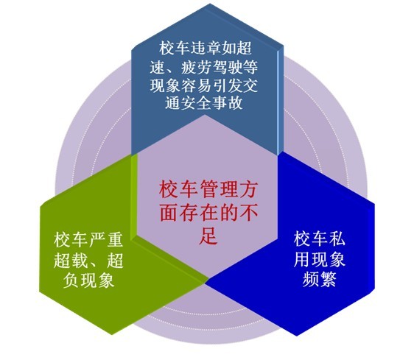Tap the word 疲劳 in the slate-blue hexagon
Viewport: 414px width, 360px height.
click(196, 67)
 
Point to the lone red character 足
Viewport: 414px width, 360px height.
click(208, 235)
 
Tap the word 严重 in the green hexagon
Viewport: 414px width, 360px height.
click(106, 240)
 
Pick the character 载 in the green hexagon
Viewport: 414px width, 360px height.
click(80, 260)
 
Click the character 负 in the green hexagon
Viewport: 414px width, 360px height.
click(71, 280)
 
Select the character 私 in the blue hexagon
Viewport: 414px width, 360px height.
click(337, 239)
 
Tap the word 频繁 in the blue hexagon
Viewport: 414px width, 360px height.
click(320, 279)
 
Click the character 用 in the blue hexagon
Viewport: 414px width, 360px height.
click(302, 259)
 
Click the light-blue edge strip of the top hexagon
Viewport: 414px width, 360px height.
click(278, 102)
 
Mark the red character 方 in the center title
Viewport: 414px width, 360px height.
click(248, 189)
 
